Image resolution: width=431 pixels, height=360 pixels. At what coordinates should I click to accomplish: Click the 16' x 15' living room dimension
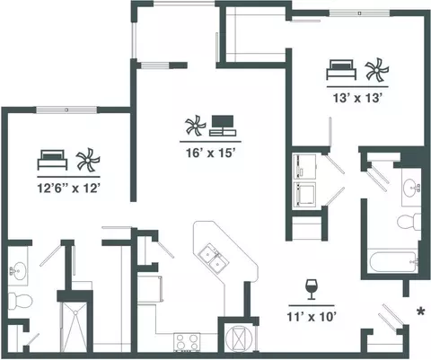click(x=210, y=153)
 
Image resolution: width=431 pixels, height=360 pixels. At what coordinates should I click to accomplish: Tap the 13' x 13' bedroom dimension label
click(x=357, y=98)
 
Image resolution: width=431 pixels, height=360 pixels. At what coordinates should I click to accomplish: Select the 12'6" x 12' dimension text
click(x=68, y=189)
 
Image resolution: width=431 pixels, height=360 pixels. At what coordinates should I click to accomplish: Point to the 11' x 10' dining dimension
click(x=312, y=317)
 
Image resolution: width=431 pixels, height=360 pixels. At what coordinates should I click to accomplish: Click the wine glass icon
click(x=312, y=289)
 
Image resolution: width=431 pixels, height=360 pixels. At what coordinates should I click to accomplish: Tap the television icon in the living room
click(x=223, y=126)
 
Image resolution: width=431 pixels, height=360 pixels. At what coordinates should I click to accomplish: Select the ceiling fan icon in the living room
click(x=196, y=125)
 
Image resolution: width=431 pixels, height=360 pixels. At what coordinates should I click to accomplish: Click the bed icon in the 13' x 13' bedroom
click(x=341, y=70)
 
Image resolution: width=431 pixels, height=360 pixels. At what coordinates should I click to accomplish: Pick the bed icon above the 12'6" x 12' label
click(x=52, y=160)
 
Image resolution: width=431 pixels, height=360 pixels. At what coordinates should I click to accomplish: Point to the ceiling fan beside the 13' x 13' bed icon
click(x=377, y=70)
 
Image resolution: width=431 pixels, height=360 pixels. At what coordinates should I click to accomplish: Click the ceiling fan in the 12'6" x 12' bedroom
click(x=88, y=160)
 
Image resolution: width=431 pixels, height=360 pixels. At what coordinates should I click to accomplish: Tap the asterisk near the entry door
click(x=421, y=312)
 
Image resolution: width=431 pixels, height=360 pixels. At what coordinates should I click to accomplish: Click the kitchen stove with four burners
click(x=187, y=342)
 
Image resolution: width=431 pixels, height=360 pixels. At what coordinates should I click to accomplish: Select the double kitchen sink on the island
click(x=214, y=258)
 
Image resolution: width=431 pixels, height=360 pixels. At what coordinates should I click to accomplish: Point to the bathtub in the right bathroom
click(x=393, y=262)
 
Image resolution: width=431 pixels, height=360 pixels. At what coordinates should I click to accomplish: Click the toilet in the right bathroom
click(x=409, y=222)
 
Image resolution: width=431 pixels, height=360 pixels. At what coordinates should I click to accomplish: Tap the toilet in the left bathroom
click(x=20, y=301)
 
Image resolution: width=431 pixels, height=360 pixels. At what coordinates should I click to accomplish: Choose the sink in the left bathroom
click(x=17, y=271)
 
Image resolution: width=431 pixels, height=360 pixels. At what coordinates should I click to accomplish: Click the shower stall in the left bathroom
click(x=74, y=327)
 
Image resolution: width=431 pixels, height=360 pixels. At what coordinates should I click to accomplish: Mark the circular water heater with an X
click(x=239, y=338)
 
